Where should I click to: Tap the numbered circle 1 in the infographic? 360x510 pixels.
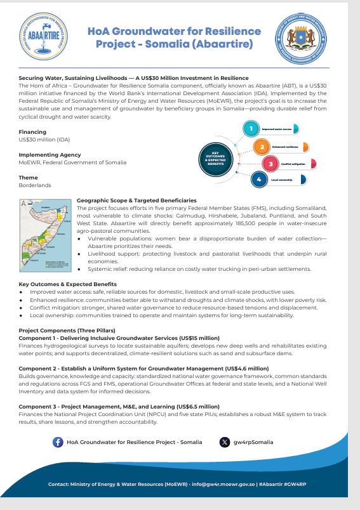tap(251, 129)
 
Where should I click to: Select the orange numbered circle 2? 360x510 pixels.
tap(261, 147)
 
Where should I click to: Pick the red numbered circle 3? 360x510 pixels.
tap(271, 164)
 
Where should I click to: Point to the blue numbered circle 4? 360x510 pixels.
tap(259, 180)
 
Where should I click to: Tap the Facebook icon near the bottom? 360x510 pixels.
tap(58, 442)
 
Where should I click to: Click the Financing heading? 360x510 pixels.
tap(32, 132)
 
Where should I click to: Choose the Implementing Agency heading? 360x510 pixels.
tap(50, 155)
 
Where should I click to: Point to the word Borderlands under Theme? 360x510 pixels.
tap(35, 185)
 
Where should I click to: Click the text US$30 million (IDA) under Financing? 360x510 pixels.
tap(44, 139)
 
